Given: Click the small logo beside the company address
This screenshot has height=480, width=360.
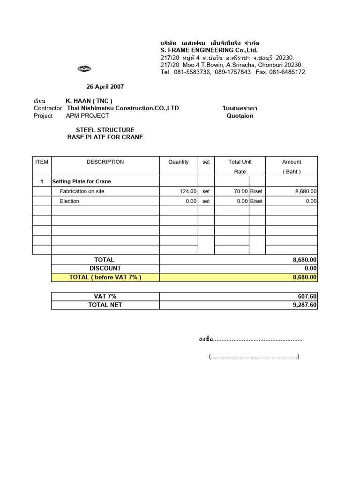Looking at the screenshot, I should click(84, 69).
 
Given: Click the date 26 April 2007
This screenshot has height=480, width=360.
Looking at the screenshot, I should click(105, 87).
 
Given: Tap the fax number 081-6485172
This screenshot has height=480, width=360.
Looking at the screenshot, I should click(287, 72).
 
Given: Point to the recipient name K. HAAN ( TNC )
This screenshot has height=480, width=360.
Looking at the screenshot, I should click(89, 101).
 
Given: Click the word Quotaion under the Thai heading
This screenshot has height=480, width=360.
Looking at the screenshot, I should click(240, 116).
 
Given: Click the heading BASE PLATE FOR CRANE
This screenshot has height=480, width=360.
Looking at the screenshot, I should click(105, 137).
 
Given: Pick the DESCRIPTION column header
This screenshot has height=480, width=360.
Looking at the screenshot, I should click(105, 162).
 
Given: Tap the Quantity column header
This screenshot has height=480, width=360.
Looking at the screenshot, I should click(179, 162).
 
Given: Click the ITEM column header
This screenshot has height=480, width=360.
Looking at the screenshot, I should click(42, 162).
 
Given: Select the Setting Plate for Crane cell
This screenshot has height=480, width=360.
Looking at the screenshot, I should click(82, 181).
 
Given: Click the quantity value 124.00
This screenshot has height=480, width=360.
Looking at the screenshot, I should click(188, 191).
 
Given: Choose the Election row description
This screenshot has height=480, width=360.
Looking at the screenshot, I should click(69, 201).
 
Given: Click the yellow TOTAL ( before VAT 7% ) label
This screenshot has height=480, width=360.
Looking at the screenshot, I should click(105, 277).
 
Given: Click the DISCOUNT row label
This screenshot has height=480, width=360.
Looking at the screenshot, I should click(105, 268).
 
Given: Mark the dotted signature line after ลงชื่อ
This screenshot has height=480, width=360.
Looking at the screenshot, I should click(258, 339).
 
